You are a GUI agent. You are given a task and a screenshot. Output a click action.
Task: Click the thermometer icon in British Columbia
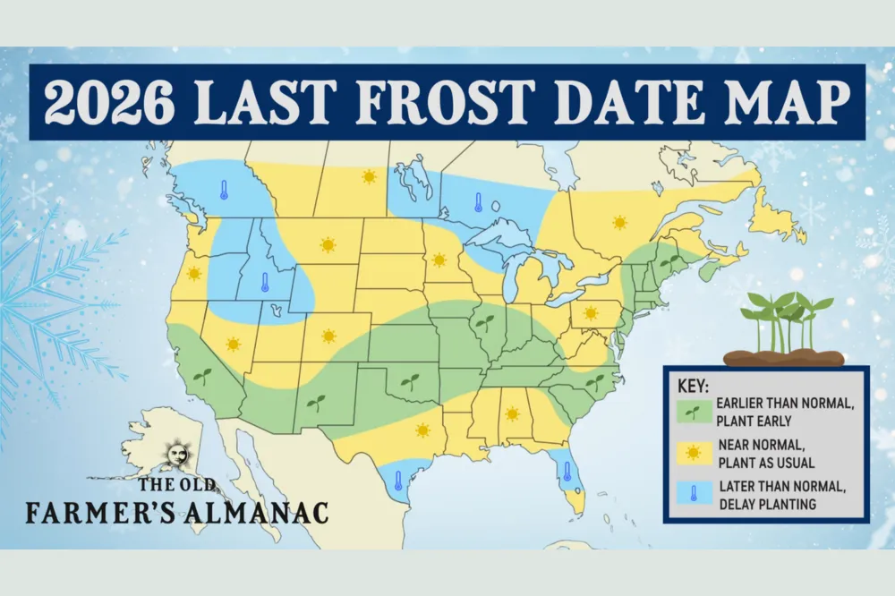click(x=224, y=190)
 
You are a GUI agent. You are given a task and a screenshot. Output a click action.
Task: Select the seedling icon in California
click(x=203, y=376)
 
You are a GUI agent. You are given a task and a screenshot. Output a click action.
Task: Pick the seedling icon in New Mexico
click(x=315, y=402)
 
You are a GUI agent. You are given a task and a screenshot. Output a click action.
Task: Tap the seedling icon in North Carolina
click(x=594, y=382)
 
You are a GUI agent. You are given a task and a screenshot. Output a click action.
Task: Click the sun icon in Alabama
click(x=512, y=413)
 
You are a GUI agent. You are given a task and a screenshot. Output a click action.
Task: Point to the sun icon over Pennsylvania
click(x=591, y=313)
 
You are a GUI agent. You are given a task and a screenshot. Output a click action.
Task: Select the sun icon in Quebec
click(x=618, y=221)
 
